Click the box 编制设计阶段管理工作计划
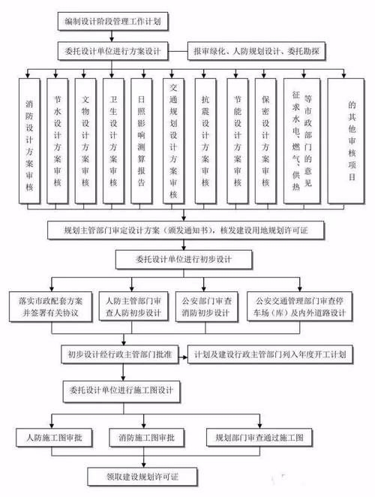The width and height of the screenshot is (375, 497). pos(112,23)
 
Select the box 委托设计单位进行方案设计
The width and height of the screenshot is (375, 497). pos(112,50)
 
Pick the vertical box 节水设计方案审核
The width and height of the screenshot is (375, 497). pos(58,140)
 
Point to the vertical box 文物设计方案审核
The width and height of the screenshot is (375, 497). pos(85,140)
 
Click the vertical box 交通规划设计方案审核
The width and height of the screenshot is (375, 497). pos(173,140)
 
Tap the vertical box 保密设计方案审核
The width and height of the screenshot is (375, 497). pos(266,140)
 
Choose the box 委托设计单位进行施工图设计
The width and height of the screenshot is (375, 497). pos(124,390)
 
